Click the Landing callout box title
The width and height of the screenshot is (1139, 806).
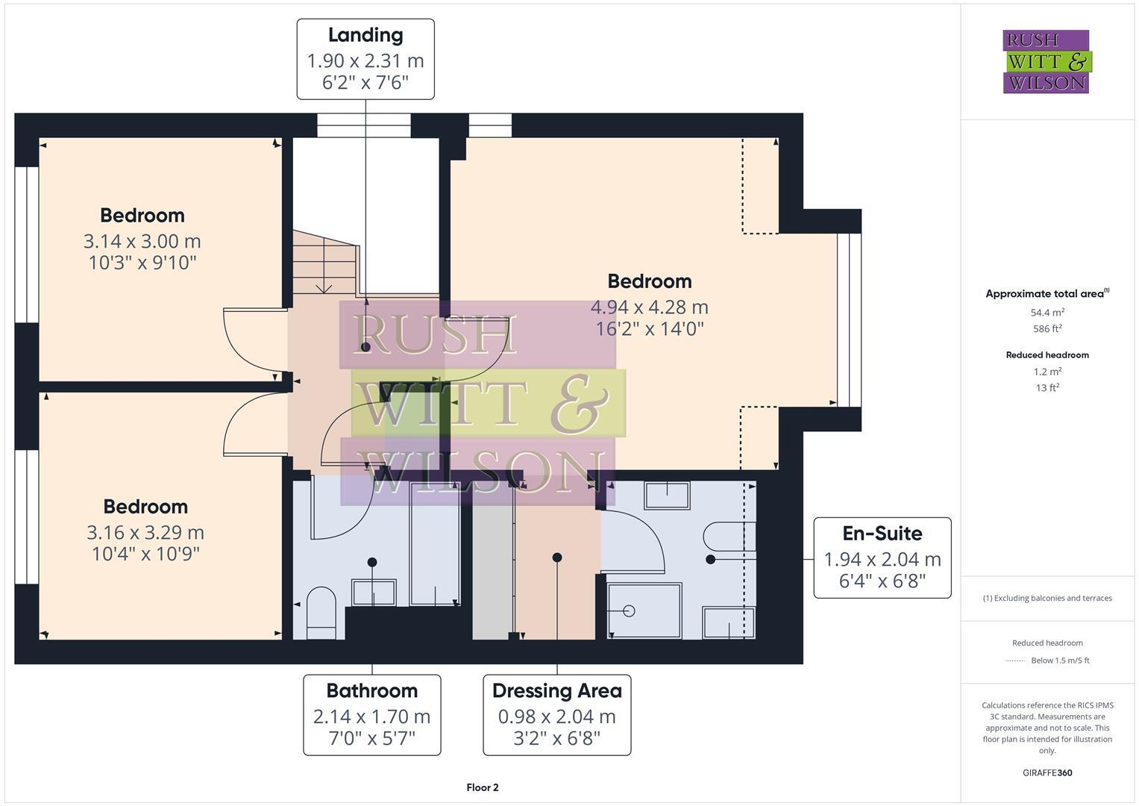coord(365,35)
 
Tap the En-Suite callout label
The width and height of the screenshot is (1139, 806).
coord(882,534)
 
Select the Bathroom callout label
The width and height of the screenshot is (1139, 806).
coord(371,690)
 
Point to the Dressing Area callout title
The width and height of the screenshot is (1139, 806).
coord(556,690)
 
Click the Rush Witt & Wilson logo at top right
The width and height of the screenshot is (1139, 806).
coord(1046,62)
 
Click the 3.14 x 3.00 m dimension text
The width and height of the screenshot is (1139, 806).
coord(142,241)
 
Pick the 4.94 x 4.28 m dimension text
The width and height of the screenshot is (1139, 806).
coord(649,307)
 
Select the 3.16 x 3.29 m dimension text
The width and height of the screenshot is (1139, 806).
coord(145,532)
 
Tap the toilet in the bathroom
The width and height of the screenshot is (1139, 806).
coord(321,612)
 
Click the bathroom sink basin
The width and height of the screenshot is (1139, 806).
coord(374,593)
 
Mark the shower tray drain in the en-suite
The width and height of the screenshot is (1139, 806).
coord(628,610)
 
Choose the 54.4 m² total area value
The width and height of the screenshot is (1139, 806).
coord(1047,313)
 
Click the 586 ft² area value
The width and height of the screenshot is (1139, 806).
coord(1047,328)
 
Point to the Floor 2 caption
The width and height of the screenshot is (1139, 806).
coord(482,787)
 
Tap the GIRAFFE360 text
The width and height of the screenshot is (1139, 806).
coord(1047,772)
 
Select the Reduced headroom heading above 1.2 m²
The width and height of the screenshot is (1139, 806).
coord(1047,355)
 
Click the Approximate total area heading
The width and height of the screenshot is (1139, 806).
coord(1046,294)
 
